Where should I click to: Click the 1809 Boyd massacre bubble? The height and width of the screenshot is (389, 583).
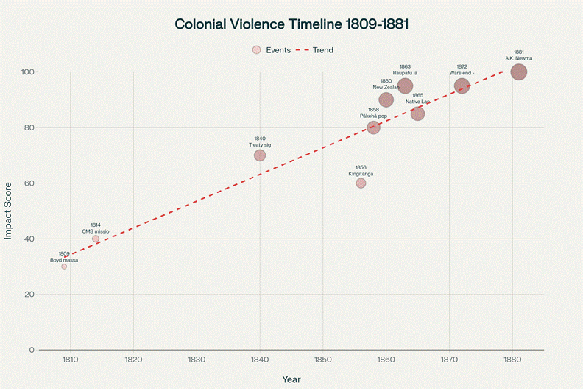64,267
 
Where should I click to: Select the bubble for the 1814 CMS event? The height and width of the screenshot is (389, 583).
96,239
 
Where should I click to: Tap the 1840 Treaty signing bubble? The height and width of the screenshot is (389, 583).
260,155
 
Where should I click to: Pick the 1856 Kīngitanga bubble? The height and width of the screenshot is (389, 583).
361,183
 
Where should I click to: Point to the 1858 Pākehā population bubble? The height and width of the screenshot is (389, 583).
373,127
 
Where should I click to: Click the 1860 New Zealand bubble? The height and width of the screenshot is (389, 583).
386,100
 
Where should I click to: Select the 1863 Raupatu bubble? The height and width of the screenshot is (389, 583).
405,86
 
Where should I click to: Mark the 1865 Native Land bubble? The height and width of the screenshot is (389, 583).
417,113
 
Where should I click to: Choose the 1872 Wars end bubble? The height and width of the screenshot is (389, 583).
462,86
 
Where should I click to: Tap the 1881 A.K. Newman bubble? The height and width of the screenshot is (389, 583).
518,72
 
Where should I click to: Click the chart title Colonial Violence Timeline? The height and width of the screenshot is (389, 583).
291,24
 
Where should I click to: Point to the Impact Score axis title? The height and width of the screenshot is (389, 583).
9,211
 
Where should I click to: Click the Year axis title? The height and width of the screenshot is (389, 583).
291,379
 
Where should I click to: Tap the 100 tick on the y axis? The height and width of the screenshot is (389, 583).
28,72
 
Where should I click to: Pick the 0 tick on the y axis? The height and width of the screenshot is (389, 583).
31,350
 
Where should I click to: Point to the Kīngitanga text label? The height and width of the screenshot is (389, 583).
361,174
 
